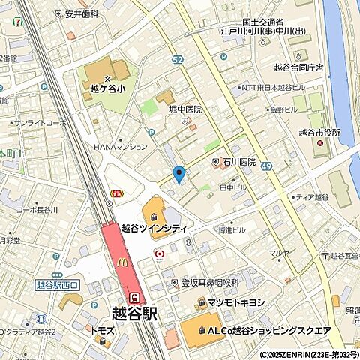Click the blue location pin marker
[x=178, y=175]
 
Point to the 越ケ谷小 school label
[x=106, y=86]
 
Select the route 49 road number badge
[x=266, y=175]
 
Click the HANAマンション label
[x=121, y=147]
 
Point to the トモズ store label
[x=102, y=330]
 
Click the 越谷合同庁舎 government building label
[x=319, y=67]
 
